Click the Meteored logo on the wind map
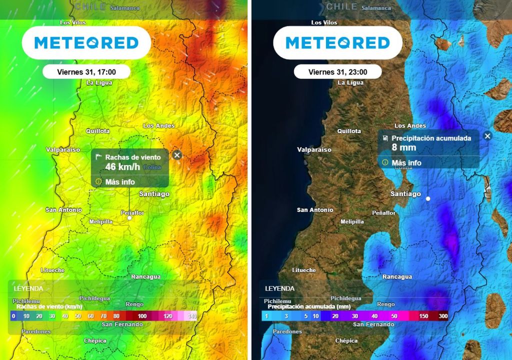tap(86, 43)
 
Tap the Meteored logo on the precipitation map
tap(337, 43)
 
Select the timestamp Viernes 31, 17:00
tap(86, 72)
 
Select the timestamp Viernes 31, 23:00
tap(337, 72)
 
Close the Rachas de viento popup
tap(176, 155)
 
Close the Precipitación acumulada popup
tap(487, 135)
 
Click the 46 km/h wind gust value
tap(122, 167)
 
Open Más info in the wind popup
tap(120, 182)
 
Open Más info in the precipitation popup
tap(406, 162)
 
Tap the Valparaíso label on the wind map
tap(63, 149)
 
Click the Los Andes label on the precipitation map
tap(410, 125)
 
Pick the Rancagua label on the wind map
tap(145, 276)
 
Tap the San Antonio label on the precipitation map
tap(315, 210)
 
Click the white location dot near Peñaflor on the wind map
tap(129, 218)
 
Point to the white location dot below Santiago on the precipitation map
tap(428, 198)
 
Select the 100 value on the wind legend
tap(142, 316)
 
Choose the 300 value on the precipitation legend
tap(443, 316)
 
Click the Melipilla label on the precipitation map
tap(352, 221)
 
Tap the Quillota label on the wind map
tap(97, 131)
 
